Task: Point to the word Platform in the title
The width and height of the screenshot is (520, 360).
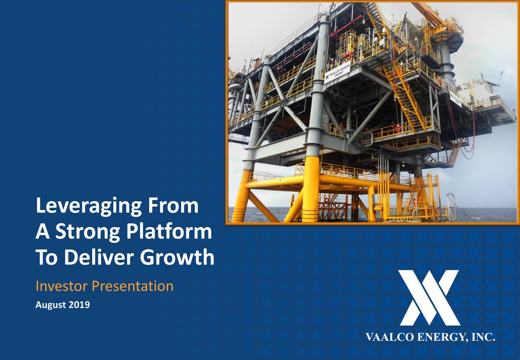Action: coord(169,232)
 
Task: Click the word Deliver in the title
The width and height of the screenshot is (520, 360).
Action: coord(99,257)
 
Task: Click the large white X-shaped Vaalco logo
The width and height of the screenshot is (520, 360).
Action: coord(429,298)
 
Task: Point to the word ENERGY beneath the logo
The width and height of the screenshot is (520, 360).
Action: coord(440,337)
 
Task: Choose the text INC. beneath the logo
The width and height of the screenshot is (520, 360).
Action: coord(483,337)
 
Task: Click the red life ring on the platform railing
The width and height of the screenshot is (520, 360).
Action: coord(398,128)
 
